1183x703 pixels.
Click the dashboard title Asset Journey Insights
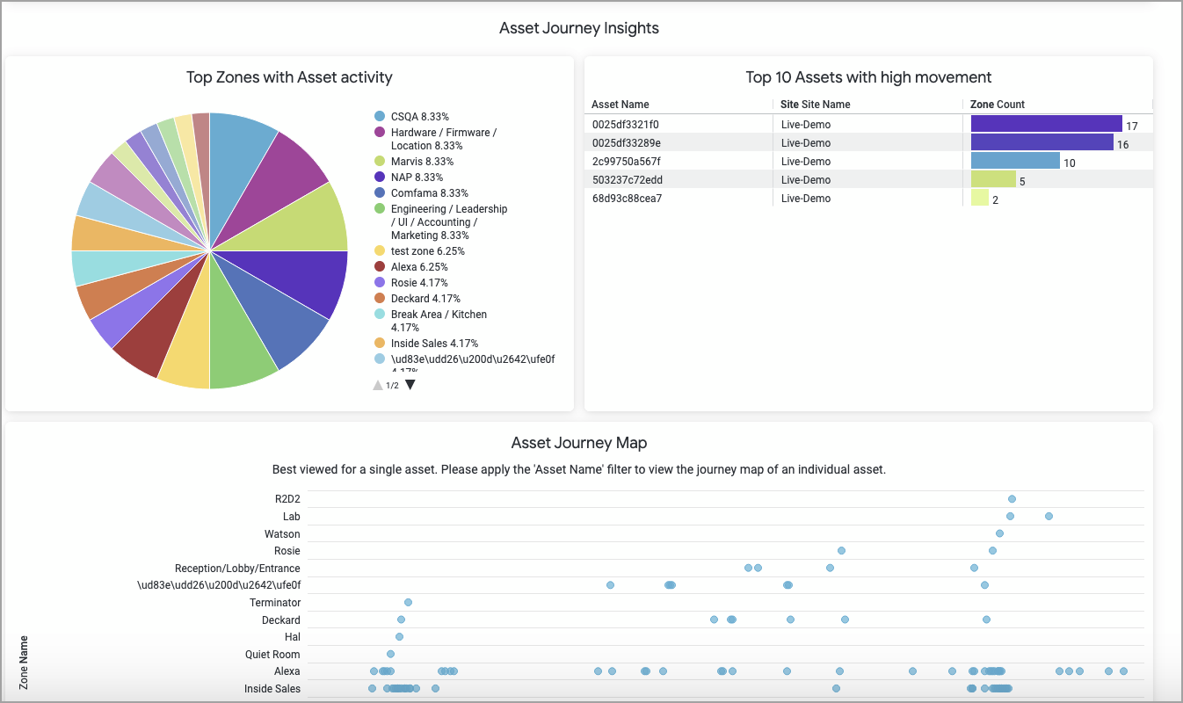578,28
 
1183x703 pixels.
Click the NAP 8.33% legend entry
417,178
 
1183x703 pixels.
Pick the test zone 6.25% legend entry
427,251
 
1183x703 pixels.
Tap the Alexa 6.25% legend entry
418,267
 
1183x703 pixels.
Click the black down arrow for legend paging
410,385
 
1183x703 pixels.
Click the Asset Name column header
621,105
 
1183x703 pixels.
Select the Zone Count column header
998,105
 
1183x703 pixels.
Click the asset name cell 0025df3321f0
625,125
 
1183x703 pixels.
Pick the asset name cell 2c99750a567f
626,162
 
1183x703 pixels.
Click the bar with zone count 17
1046,124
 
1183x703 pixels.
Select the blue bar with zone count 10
1015,161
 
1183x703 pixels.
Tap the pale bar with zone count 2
979,198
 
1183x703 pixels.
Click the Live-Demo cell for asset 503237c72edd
805,180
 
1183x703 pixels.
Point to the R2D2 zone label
287,499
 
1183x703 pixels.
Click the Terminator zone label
275,603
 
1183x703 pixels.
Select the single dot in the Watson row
999,533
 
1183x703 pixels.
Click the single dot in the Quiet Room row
390,654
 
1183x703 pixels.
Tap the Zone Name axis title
24,662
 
